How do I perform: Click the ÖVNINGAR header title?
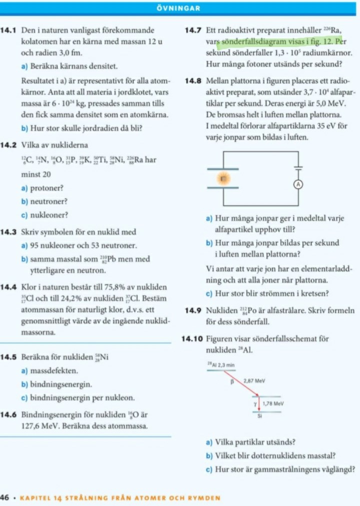pyautogui.click(x=180, y=9)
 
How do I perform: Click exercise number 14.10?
pyautogui.click(x=193, y=339)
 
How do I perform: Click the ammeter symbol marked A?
pyautogui.click(x=299, y=184)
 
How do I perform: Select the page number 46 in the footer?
pyautogui.click(x=6, y=498)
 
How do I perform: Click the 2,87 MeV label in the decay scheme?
pyautogui.click(x=254, y=381)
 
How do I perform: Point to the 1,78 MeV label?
pyautogui.click(x=273, y=403)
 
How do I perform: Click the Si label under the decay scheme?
pyautogui.click(x=259, y=416)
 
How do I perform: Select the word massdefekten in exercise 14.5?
pyautogui.click(x=54, y=372)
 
